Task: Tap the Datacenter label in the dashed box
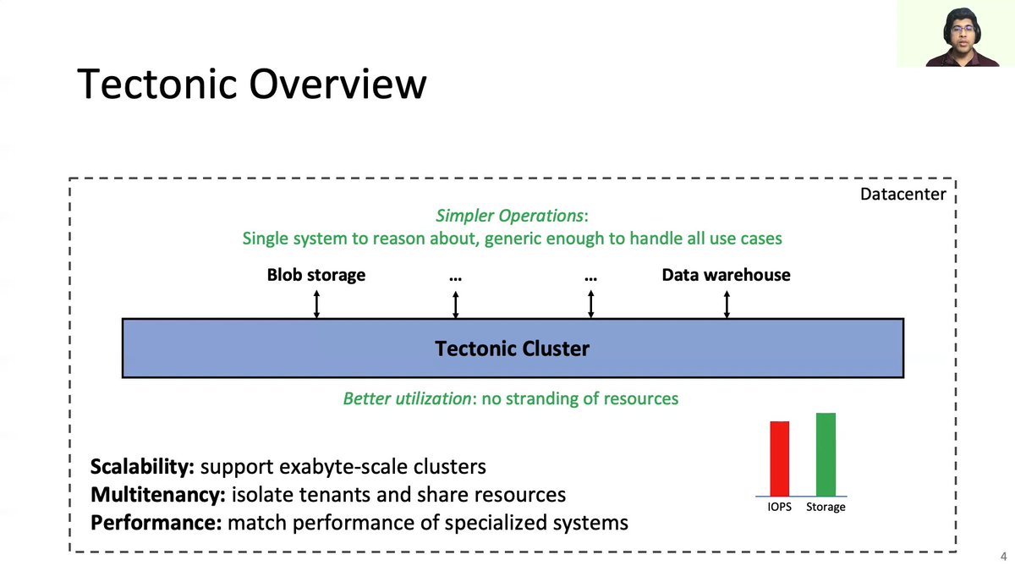point(903,195)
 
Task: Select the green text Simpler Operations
point(509,216)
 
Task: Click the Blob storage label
point(316,275)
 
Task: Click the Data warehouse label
point(726,275)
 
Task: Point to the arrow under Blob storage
point(316,304)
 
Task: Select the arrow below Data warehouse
point(727,304)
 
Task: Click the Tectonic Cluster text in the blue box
point(512,349)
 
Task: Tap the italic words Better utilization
point(407,398)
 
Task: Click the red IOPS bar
point(779,458)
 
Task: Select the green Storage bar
point(826,454)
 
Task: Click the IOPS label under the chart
point(779,507)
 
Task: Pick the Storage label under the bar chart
point(825,507)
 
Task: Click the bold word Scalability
point(142,466)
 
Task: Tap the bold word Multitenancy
point(157,495)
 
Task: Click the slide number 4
point(1003,557)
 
